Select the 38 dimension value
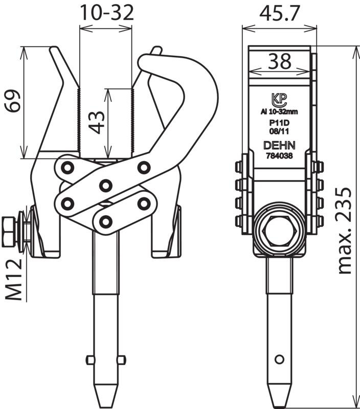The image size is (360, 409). [280, 61]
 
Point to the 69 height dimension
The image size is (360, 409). [13, 101]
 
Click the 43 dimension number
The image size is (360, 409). [96, 122]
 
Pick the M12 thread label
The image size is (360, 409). [14, 279]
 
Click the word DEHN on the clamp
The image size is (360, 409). [279, 145]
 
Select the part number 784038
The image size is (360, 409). [279, 156]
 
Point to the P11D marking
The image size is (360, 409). [279, 123]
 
